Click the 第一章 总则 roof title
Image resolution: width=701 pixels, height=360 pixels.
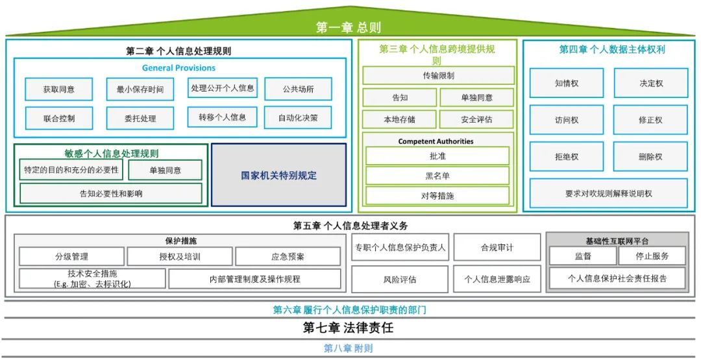349,28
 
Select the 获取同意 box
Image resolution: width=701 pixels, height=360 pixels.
59,90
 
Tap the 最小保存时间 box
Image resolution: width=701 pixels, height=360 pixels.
140,90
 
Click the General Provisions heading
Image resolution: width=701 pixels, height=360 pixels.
179,68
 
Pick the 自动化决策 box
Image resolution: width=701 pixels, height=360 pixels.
298,118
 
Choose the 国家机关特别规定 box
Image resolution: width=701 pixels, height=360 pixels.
278,175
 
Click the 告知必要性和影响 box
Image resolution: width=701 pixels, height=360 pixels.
111,194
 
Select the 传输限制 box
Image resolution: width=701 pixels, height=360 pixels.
439,75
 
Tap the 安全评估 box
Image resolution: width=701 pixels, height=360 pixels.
477,120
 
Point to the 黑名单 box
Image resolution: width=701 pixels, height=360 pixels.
437,176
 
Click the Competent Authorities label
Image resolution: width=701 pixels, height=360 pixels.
436,141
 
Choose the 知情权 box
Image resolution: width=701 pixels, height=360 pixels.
567,83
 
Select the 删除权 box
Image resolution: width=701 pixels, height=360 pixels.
650,157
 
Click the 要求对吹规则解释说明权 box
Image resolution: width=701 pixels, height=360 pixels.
608,194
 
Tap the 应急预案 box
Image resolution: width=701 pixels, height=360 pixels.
288,257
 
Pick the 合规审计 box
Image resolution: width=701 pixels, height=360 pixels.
497,247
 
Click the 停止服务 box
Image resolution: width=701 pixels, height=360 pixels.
652,256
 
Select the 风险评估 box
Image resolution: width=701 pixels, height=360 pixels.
400,280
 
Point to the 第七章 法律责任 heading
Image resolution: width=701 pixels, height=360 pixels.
349,328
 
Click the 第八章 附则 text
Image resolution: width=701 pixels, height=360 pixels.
349,348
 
